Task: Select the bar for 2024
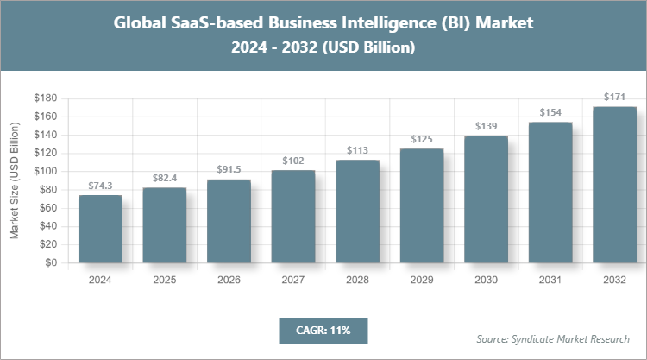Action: pos(100,229)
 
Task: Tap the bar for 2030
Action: pos(486,199)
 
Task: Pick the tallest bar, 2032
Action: pos(614,185)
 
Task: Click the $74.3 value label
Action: pos(100,186)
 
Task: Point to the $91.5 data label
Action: pos(229,170)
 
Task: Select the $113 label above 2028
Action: pos(357,150)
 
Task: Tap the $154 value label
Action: pos(550,112)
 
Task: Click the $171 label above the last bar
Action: pos(614,97)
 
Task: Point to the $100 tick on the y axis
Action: pos(45,171)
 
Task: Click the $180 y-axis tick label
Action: pos(45,98)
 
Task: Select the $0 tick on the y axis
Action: pos(50,262)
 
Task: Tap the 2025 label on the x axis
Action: pos(164,280)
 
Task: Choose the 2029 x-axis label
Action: pos(421,280)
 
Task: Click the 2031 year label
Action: pos(550,280)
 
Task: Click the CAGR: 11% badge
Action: pos(323,330)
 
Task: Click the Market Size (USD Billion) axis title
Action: pos(15,180)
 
